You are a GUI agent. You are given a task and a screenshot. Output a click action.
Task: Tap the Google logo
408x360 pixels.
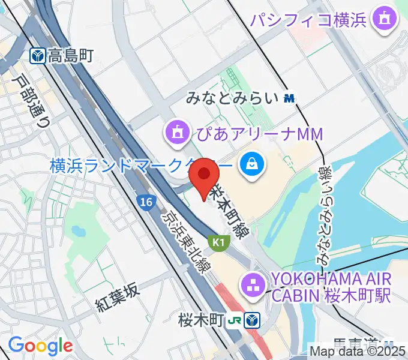(x=40, y=346)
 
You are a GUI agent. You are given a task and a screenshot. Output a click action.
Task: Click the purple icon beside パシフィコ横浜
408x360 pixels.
(x=382, y=20)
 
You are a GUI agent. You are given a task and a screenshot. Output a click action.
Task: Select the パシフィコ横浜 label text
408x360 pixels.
(x=308, y=20)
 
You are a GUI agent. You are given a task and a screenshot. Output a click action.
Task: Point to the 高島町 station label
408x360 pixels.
(x=71, y=56)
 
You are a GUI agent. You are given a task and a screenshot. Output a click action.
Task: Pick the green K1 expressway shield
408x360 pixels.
(x=218, y=241)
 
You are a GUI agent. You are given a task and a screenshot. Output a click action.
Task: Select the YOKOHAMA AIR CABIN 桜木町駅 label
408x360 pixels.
(x=332, y=287)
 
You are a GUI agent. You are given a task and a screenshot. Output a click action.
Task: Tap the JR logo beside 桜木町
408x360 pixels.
(x=238, y=320)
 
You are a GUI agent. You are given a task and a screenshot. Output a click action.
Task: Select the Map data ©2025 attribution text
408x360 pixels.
(x=358, y=351)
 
